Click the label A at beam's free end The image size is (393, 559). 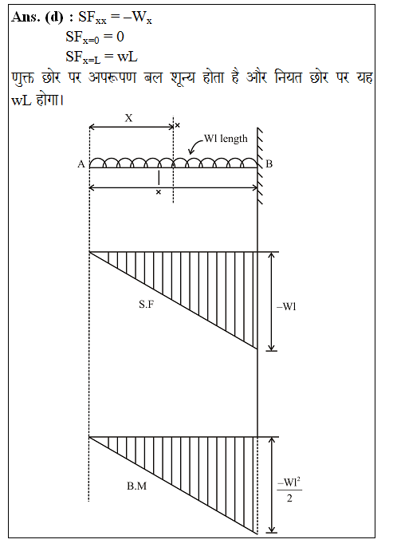click(81, 164)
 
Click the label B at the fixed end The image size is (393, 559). click(269, 164)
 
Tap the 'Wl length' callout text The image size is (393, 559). click(226, 139)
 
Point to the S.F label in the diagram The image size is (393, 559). click(147, 304)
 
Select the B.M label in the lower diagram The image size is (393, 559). click(137, 486)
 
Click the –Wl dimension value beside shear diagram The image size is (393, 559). click(286, 306)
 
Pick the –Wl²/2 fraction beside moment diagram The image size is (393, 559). click(289, 490)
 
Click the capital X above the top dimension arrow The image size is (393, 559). click(128, 118)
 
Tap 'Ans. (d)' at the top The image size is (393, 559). click(37, 17)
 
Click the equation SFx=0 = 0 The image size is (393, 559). click(95, 37)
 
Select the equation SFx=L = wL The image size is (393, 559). click(101, 57)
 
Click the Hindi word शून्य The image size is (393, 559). click(183, 77)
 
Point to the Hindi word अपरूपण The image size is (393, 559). click(112, 77)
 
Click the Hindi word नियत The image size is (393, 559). click(289, 77)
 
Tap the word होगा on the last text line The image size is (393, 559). click(50, 100)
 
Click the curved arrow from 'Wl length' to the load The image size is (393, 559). click(195, 144)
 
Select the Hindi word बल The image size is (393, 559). click(153, 77)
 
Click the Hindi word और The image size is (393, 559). click(257, 77)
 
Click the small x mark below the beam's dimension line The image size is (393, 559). click(159, 192)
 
